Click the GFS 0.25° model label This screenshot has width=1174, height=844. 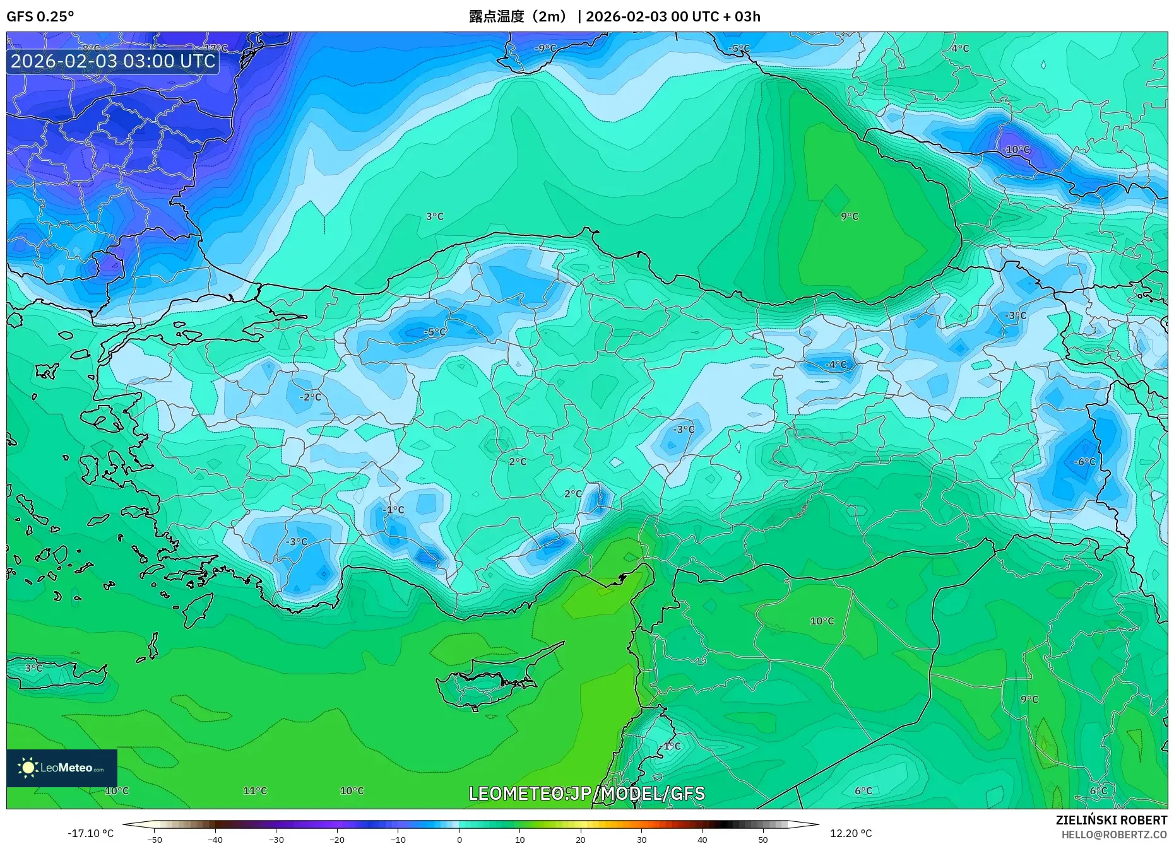[x=40, y=16]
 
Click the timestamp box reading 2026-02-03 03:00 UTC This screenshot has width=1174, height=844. [x=113, y=61]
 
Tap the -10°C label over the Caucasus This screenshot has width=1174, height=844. [x=1016, y=150]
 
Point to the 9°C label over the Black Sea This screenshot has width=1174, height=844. [x=850, y=216]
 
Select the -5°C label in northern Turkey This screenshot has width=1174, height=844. [x=434, y=332]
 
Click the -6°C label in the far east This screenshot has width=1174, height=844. [x=1084, y=462]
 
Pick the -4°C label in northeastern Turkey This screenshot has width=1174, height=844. [x=836, y=365]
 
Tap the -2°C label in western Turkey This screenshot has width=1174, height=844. [x=311, y=397]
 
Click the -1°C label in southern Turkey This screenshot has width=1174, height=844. [x=393, y=510]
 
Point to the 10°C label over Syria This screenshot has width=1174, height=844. [x=822, y=621]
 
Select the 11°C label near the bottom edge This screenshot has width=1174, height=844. [x=255, y=790]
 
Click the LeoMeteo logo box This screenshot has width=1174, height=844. [x=62, y=768]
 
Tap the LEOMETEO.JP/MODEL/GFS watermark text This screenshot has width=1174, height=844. [x=586, y=794]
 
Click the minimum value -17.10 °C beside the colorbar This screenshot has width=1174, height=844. [x=90, y=833]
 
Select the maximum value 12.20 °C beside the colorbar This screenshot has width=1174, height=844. [x=850, y=833]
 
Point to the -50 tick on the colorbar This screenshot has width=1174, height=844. [x=155, y=839]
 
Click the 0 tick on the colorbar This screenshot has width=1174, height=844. [x=460, y=839]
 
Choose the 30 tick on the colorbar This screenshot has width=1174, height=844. [x=641, y=839]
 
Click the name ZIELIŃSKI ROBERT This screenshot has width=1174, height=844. [x=1111, y=820]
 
